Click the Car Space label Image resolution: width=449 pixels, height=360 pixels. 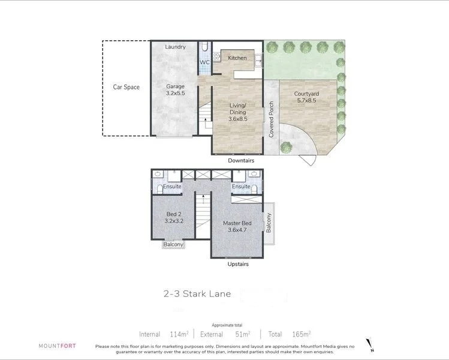coord(126,87)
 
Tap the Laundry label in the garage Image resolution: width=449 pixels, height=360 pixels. coord(175,47)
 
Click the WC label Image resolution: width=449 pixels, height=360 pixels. coord(204,62)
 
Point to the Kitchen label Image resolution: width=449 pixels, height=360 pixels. coord(237,58)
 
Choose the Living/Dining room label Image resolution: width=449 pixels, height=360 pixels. coord(237,112)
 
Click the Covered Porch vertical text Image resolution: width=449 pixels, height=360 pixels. coord(272,119)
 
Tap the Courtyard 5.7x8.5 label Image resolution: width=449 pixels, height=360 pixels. coord(306,98)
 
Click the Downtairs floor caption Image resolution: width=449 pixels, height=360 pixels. coord(241,161)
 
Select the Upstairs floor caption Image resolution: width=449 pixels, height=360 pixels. coord(238,264)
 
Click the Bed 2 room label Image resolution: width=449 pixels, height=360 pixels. coord(174,217)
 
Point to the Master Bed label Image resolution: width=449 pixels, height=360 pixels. coord(237,227)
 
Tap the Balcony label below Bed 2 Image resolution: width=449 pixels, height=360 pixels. coord(174,244)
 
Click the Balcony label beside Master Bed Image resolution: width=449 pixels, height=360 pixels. coord(269,223)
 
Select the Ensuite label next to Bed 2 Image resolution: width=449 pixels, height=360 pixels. coord(171,187)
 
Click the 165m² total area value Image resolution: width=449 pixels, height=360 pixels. coord(298,334)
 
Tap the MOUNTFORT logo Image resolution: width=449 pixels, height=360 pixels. coord(57,346)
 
